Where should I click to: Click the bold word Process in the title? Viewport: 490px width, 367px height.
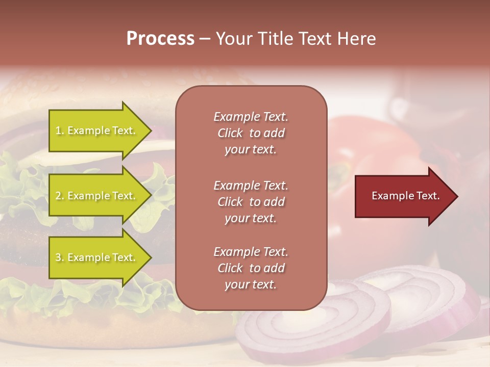click(x=160, y=39)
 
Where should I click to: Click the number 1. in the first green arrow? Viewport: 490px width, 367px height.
click(x=60, y=131)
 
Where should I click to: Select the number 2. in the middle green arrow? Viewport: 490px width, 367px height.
click(x=60, y=196)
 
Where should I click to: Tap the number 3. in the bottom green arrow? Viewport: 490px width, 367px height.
click(x=60, y=257)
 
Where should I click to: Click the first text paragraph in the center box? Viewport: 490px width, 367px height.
click(x=251, y=133)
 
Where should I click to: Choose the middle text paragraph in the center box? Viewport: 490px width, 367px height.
click(x=251, y=201)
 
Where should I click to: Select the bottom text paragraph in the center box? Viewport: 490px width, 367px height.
click(x=251, y=268)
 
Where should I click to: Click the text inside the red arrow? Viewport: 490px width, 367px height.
click(x=405, y=196)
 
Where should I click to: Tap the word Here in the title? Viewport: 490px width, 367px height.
click(x=357, y=39)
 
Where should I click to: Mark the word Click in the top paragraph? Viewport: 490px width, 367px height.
click(x=230, y=134)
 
